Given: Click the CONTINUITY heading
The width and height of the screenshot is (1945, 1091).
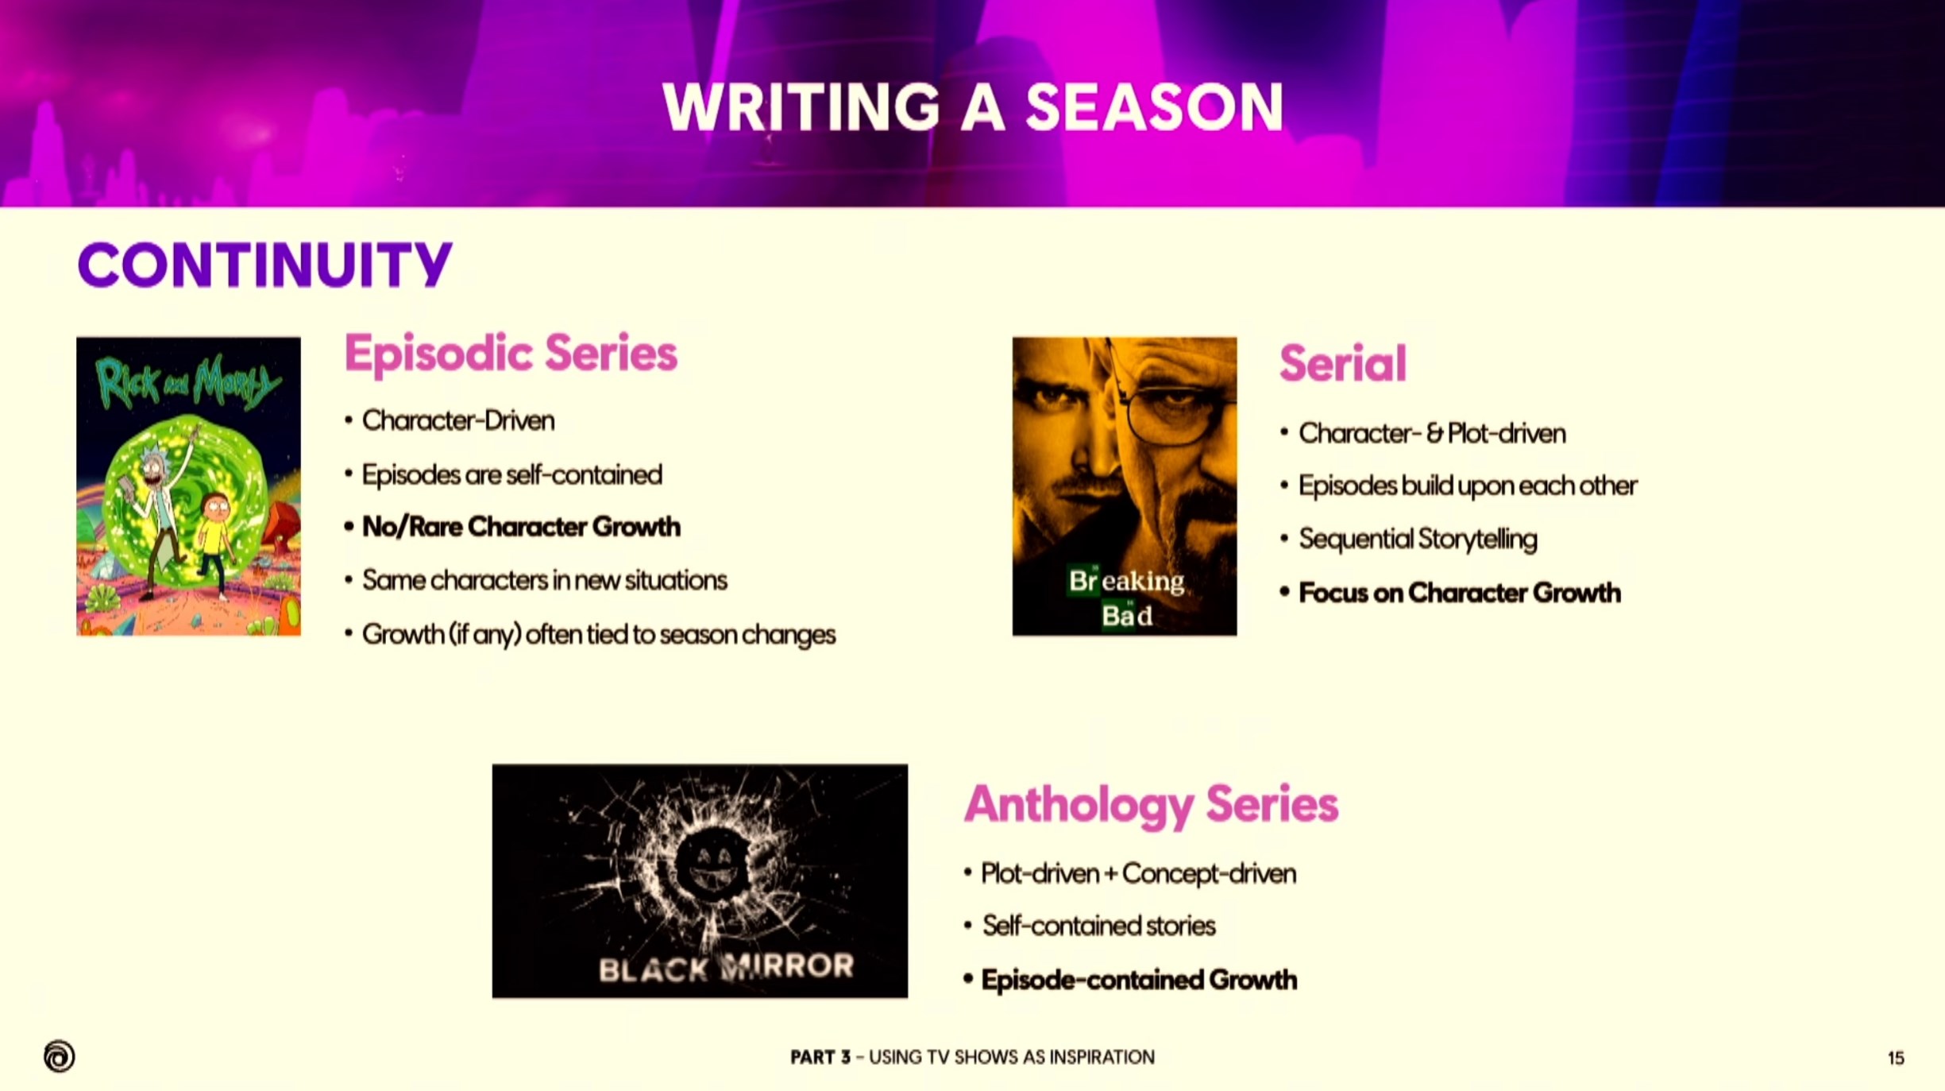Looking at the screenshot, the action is click(x=264, y=265).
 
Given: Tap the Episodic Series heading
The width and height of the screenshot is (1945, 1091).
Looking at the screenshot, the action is click(x=511, y=354).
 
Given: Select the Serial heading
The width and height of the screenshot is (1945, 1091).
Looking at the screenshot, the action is click(x=1343, y=364).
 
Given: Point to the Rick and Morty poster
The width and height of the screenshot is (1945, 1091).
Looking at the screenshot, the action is click(x=188, y=486).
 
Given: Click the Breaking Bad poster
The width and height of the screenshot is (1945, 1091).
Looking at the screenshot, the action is click(x=1125, y=486).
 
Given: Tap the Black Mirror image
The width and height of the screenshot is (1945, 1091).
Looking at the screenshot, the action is click(x=700, y=881).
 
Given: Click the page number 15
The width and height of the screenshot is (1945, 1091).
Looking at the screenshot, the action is click(x=1896, y=1058).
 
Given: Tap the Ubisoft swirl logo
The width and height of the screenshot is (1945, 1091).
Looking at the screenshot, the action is click(x=60, y=1056).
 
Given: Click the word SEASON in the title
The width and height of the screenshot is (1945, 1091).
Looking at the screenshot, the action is click(x=1155, y=107).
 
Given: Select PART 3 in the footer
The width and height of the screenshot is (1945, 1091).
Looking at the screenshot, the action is click(x=820, y=1058).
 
